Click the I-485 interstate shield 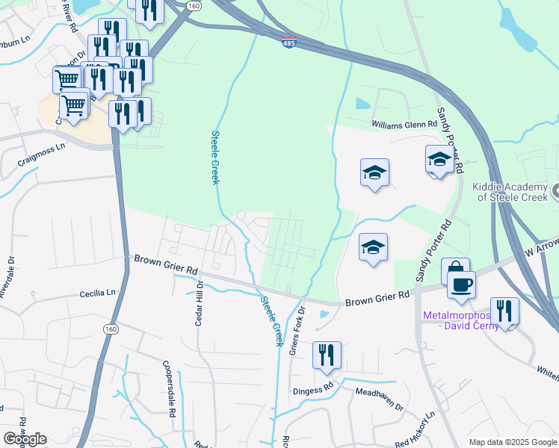tap(289, 42)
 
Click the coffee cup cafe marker tap(461, 284)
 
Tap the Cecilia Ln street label tap(99, 293)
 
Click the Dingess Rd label tap(313, 390)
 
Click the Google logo tap(25, 439)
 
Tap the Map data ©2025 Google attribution tap(513, 442)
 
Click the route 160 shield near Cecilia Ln tap(111, 329)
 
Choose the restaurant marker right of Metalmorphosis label tap(505, 311)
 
